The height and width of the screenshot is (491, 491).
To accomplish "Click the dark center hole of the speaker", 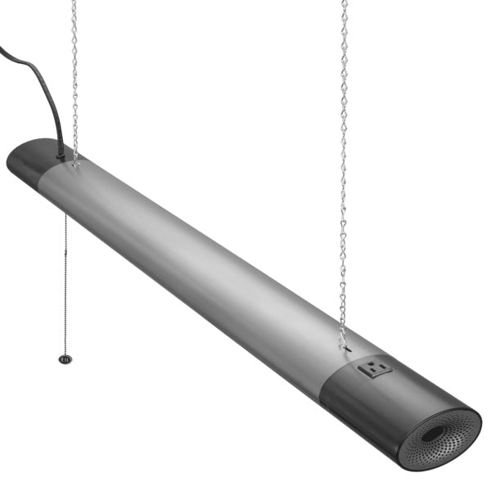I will (433, 435).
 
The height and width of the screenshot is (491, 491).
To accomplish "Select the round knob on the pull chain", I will (64, 358).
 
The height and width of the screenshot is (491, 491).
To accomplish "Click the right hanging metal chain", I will (344, 164).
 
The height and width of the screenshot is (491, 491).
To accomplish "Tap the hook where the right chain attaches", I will (342, 336).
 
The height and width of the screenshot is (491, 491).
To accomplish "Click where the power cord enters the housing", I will (61, 152).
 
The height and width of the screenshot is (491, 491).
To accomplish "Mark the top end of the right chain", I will (345, 3).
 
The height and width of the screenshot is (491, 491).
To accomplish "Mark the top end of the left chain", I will (74, 3).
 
